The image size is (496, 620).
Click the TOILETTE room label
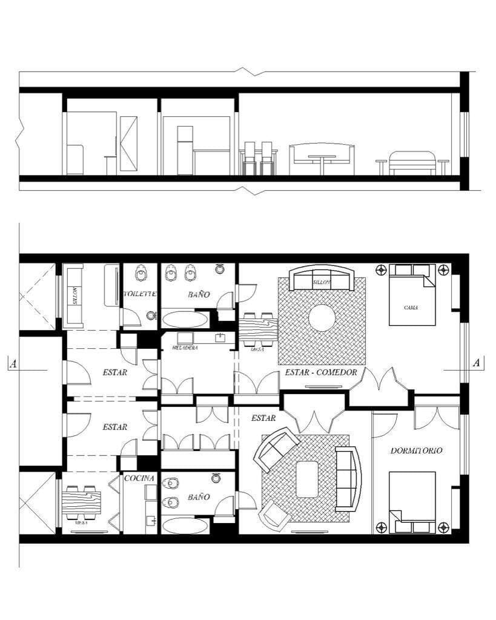(x=141, y=294)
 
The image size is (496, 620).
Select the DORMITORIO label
(x=415, y=450)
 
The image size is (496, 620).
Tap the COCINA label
(x=139, y=478)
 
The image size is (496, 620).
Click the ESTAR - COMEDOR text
(x=321, y=372)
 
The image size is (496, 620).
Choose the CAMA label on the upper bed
(x=411, y=308)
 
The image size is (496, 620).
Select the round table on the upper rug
(x=322, y=318)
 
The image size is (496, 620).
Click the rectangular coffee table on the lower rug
(x=307, y=479)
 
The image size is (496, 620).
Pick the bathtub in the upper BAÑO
(x=184, y=319)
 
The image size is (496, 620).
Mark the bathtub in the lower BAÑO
(x=184, y=525)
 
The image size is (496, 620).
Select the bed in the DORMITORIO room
(x=412, y=502)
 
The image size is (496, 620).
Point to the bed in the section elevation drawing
(x=412, y=162)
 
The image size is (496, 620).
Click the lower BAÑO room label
(x=199, y=497)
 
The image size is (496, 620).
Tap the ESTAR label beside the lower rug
(x=263, y=418)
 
